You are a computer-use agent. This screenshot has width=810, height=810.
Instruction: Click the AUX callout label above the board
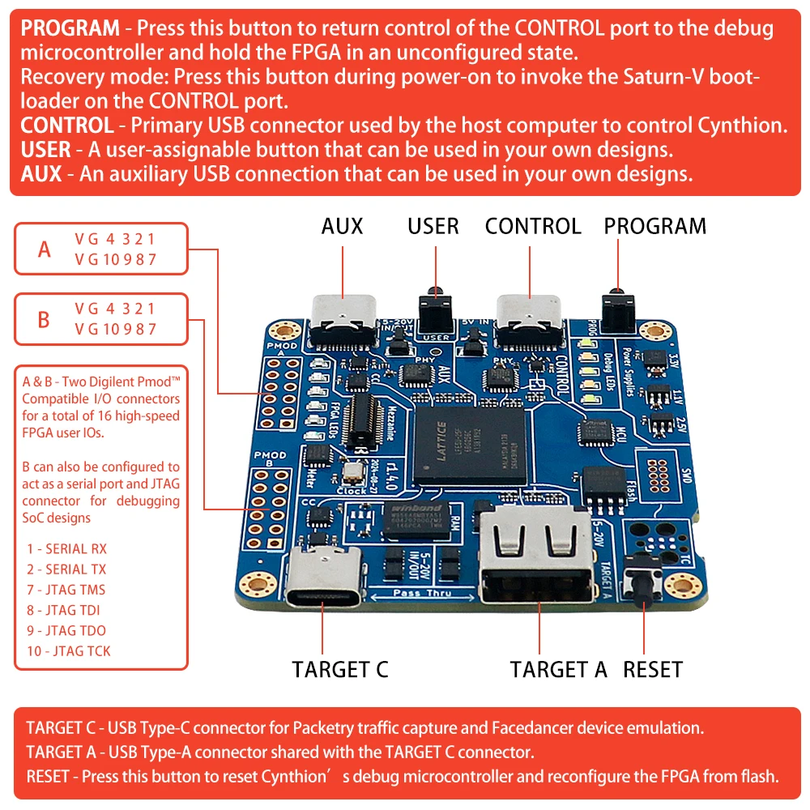(x=342, y=226)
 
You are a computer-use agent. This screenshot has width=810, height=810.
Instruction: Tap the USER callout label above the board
(x=433, y=226)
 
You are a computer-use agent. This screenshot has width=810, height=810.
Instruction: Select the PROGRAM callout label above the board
(x=654, y=226)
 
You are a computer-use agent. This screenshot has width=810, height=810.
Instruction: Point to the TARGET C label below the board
(x=340, y=670)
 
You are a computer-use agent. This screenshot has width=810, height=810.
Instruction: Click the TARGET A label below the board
(x=558, y=670)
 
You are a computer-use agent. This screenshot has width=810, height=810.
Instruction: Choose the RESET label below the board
(x=653, y=670)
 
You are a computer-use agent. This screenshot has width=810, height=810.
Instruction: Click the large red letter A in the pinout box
(x=45, y=249)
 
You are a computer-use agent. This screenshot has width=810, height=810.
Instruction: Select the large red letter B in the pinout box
(x=45, y=319)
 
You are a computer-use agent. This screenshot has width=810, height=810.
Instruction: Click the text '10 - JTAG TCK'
(x=69, y=650)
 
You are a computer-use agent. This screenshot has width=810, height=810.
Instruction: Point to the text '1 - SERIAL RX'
(x=66, y=549)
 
